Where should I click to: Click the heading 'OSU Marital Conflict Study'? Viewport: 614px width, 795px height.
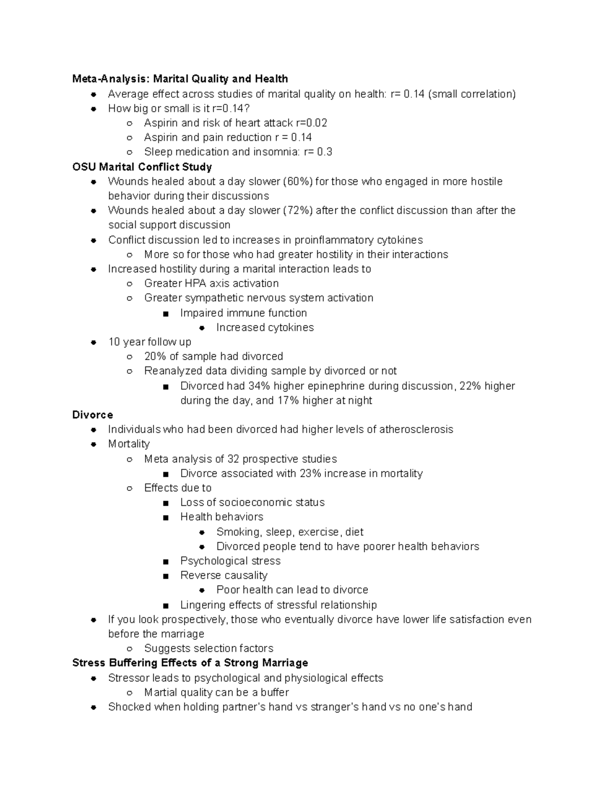point(142,167)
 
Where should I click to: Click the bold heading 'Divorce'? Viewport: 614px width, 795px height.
point(93,415)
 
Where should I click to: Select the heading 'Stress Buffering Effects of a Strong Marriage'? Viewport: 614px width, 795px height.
point(190,663)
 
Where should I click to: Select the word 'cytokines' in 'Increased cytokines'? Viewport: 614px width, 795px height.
point(290,328)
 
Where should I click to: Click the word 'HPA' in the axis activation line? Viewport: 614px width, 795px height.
point(196,284)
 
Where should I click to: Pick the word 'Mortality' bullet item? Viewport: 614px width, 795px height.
point(129,444)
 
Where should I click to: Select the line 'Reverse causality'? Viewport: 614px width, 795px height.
point(224,575)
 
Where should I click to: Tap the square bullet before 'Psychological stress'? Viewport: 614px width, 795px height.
point(165,562)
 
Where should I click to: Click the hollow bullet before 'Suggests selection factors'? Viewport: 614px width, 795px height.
point(130,649)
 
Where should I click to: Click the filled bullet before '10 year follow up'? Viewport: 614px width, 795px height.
point(94,342)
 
